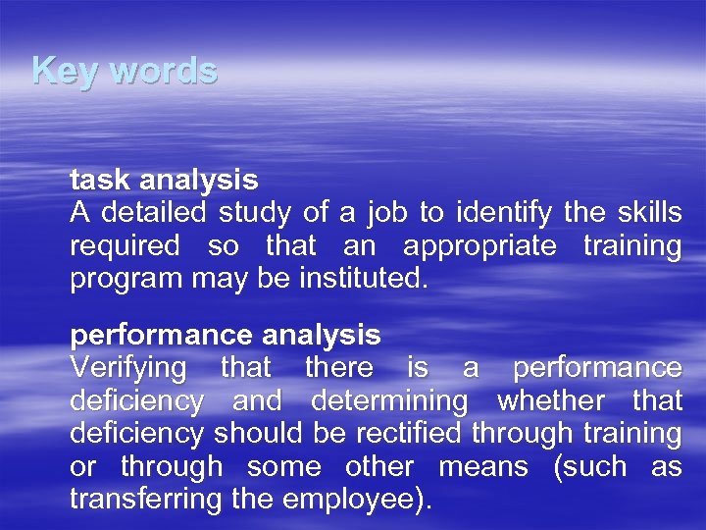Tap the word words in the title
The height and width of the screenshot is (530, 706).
click(x=163, y=71)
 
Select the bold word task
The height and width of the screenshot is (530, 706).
click(x=100, y=181)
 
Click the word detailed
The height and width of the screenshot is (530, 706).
click(x=152, y=213)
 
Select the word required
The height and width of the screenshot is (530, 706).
click(x=125, y=246)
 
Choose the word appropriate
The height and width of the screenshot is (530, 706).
click(x=479, y=246)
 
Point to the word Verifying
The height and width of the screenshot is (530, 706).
click(x=127, y=369)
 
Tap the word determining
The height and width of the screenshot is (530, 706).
click(x=388, y=401)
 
